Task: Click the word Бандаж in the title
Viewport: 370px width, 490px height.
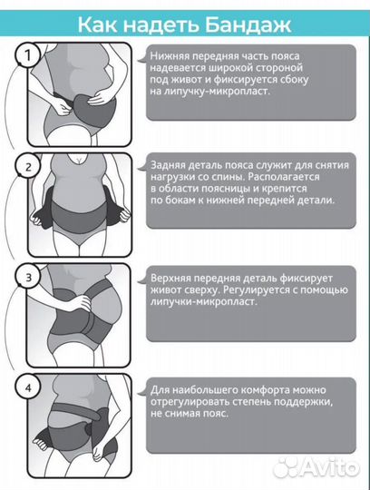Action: click(248, 25)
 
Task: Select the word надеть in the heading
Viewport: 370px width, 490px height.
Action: click(161, 25)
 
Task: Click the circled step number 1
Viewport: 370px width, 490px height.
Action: click(28, 55)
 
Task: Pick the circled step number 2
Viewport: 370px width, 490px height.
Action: click(28, 167)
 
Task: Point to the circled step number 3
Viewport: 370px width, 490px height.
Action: click(28, 278)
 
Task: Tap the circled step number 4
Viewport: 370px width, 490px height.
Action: click(28, 387)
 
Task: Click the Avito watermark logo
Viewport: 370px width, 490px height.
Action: click(316, 468)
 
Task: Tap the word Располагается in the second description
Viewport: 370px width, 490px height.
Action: click(284, 177)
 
